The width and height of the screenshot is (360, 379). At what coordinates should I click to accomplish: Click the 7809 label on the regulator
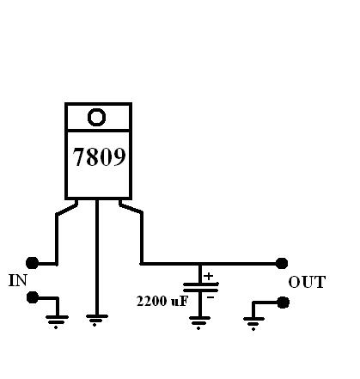[99, 156]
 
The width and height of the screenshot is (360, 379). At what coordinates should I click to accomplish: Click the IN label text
[18, 280]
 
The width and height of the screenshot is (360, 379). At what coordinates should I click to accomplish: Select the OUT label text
[307, 282]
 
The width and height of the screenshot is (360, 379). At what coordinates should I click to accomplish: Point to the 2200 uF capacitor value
[162, 301]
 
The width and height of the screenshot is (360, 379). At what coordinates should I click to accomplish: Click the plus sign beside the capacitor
[209, 276]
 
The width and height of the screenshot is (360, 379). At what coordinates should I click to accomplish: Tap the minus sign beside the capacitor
[211, 297]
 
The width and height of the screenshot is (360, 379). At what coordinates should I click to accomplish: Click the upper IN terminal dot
[32, 263]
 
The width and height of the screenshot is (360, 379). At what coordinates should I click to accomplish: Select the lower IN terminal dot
[33, 297]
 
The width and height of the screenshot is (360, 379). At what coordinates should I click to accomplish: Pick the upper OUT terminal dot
[282, 263]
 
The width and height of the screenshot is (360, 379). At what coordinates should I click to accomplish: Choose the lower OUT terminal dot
[284, 303]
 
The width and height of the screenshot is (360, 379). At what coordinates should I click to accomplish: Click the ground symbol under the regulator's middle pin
[97, 321]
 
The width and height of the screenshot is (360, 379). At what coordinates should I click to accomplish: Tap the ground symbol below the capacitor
[199, 322]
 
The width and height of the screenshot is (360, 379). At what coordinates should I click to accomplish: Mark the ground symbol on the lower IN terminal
[57, 321]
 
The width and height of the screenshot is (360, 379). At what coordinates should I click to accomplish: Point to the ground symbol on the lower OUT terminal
[253, 323]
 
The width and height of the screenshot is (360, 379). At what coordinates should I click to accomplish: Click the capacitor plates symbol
[201, 287]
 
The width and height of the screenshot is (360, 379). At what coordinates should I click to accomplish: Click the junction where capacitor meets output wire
[200, 264]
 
